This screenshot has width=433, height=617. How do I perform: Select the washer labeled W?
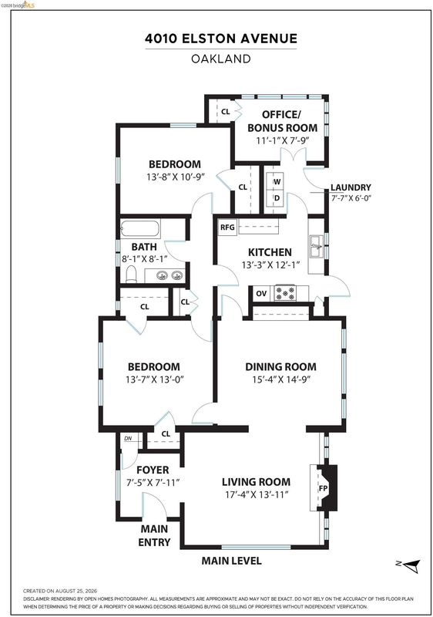click(x=277, y=182)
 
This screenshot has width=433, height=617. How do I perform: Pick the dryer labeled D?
click(x=277, y=198)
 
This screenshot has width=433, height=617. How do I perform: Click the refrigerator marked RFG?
click(x=227, y=228)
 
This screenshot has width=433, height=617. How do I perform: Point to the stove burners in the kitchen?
click(x=285, y=293)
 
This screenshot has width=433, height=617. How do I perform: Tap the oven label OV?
click(x=261, y=294)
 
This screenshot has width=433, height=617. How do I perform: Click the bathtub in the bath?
click(x=140, y=228)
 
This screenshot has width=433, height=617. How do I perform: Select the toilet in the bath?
click(x=131, y=275)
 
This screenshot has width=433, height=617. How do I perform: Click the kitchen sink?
click(x=316, y=246)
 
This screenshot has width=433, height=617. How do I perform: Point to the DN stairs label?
click(x=128, y=438)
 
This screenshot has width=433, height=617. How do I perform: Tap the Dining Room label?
click(x=280, y=367)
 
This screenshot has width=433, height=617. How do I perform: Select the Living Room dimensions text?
click(x=257, y=494)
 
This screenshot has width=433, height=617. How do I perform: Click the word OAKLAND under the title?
click(x=221, y=59)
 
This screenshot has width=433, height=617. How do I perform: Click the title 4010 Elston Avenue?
click(x=221, y=39)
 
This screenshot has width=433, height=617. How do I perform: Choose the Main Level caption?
click(x=231, y=561)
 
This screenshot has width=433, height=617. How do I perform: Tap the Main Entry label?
click(x=154, y=535)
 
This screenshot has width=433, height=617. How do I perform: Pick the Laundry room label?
click(x=351, y=187)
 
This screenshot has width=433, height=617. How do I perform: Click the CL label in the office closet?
click(x=225, y=112)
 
